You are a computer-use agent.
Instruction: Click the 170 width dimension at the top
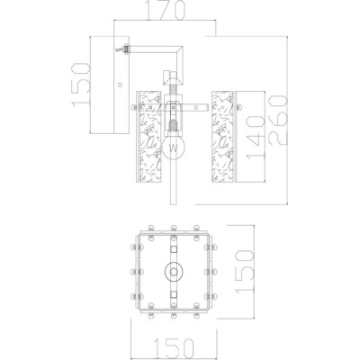[167, 12]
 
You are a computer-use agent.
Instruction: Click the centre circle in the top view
[172, 271]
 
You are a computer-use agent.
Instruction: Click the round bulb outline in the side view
[174, 144]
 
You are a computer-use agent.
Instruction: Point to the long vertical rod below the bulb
[175, 184]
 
